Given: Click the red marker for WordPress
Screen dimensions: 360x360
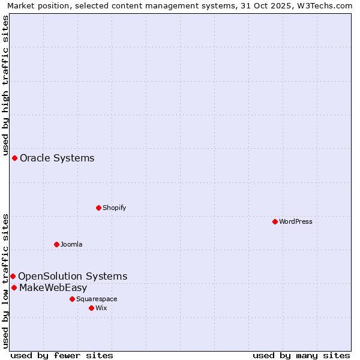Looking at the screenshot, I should (x=275, y=221).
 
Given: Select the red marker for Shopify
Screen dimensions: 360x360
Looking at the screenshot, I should (x=98, y=208).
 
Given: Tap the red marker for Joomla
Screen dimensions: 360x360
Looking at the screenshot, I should (x=56, y=244).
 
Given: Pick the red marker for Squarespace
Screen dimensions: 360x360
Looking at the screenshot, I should (x=72, y=299).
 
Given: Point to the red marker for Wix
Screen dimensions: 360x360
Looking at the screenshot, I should (x=91, y=308).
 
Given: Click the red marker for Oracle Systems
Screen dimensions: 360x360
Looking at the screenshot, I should (x=14, y=158).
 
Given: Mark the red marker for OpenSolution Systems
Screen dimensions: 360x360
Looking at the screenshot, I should (x=13, y=276).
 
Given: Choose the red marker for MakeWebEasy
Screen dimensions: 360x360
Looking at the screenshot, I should (x=14, y=287).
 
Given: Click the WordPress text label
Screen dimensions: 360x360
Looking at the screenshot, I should (x=296, y=221).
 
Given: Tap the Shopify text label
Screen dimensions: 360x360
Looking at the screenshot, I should (x=114, y=208).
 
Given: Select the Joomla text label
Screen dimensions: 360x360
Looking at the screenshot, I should (x=71, y=244).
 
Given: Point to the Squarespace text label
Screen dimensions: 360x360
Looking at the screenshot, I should (x=97, y=299).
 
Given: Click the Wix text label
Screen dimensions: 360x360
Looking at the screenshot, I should (x=101, y=308).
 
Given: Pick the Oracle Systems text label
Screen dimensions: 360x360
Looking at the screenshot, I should (x=57, y=158).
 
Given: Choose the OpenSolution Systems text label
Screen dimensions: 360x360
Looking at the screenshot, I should (x=73, y=276).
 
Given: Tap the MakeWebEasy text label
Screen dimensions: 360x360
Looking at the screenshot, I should (x=53, y=287).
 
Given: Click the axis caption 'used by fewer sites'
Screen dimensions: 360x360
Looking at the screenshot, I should (x=62, y=355).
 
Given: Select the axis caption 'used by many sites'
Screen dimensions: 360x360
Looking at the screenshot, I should (x=301, y=355).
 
